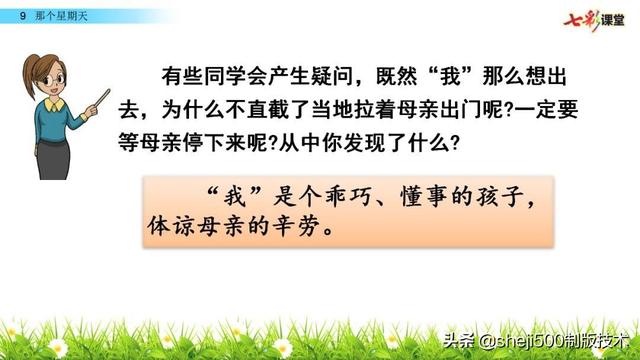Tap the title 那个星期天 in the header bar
(56, 15)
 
